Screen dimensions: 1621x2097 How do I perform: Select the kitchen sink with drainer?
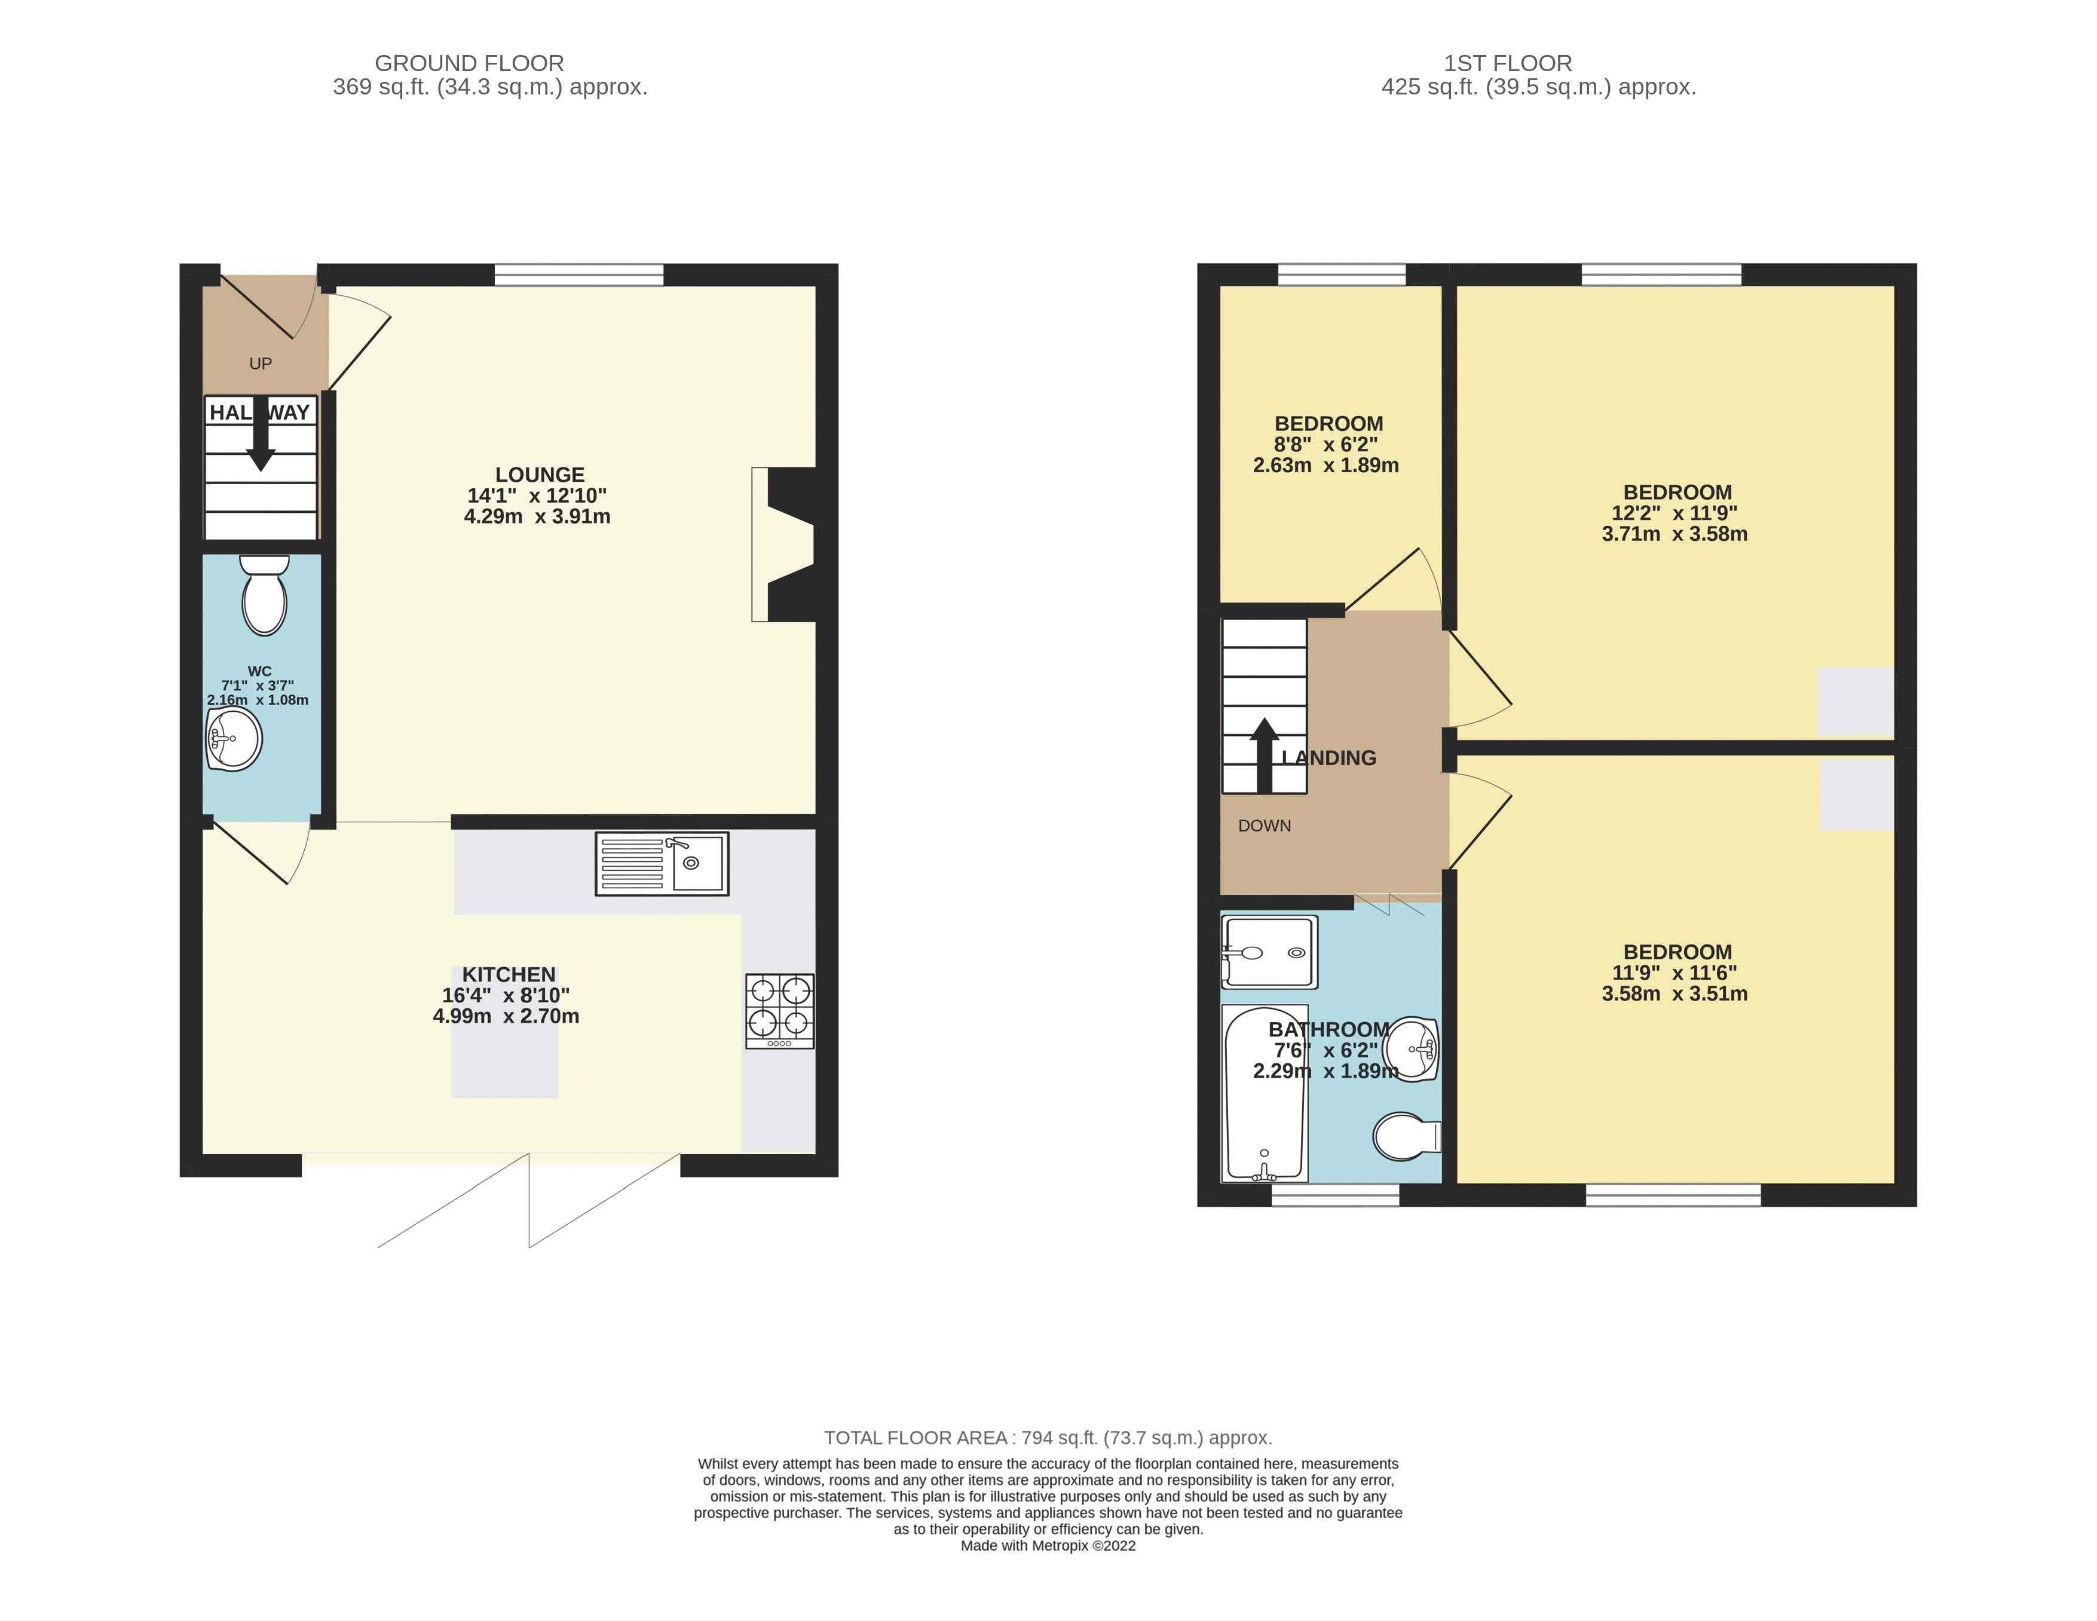coord(662,863)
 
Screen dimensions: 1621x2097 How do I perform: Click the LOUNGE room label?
coord(540,475)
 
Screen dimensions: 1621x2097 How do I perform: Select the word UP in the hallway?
coord(260,363)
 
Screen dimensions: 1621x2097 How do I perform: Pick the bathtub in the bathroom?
coord(1265,1093)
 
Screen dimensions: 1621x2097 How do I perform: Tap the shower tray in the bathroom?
coord(1268,952)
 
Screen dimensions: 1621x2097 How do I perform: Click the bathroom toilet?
coord(1405,1137)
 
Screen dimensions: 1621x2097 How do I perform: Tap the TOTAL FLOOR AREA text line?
coord(1048,1438)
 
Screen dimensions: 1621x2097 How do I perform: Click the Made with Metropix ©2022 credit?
coord(1048,1545)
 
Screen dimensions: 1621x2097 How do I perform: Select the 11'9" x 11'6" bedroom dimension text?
coord(1674,973)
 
